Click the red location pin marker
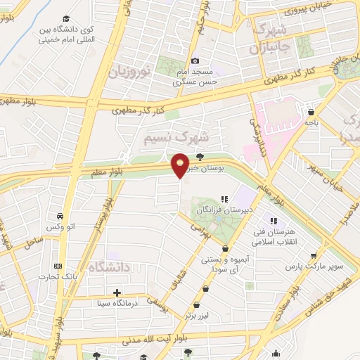(181, 166)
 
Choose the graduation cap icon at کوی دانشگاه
(66, 19)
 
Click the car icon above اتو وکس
(60, 216)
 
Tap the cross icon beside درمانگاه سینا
(117, 292)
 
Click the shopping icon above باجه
(311, 112)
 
